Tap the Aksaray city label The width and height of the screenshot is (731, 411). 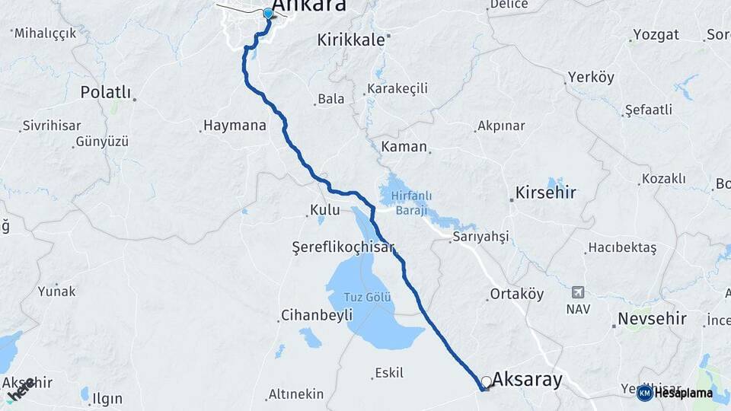pos(528,378)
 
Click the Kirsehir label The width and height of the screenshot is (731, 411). pos(546,193)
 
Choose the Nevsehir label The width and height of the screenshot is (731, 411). pos(653,318)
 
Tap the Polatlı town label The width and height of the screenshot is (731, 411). pos(106,92)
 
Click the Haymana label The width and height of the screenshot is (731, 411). pos(234,126)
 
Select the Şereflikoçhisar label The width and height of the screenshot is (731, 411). pos(334,247)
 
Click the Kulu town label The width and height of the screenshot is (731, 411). pos(324,209)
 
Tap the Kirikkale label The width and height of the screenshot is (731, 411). pos(351,40)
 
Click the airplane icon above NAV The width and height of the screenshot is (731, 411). pos(577,292)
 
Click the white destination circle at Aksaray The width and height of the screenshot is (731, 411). pos(486,381)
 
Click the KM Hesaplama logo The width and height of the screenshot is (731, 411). pos(675,393)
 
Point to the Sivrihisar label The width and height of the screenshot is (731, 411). pos(52,126)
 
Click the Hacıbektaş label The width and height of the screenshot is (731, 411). pos(621,248)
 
